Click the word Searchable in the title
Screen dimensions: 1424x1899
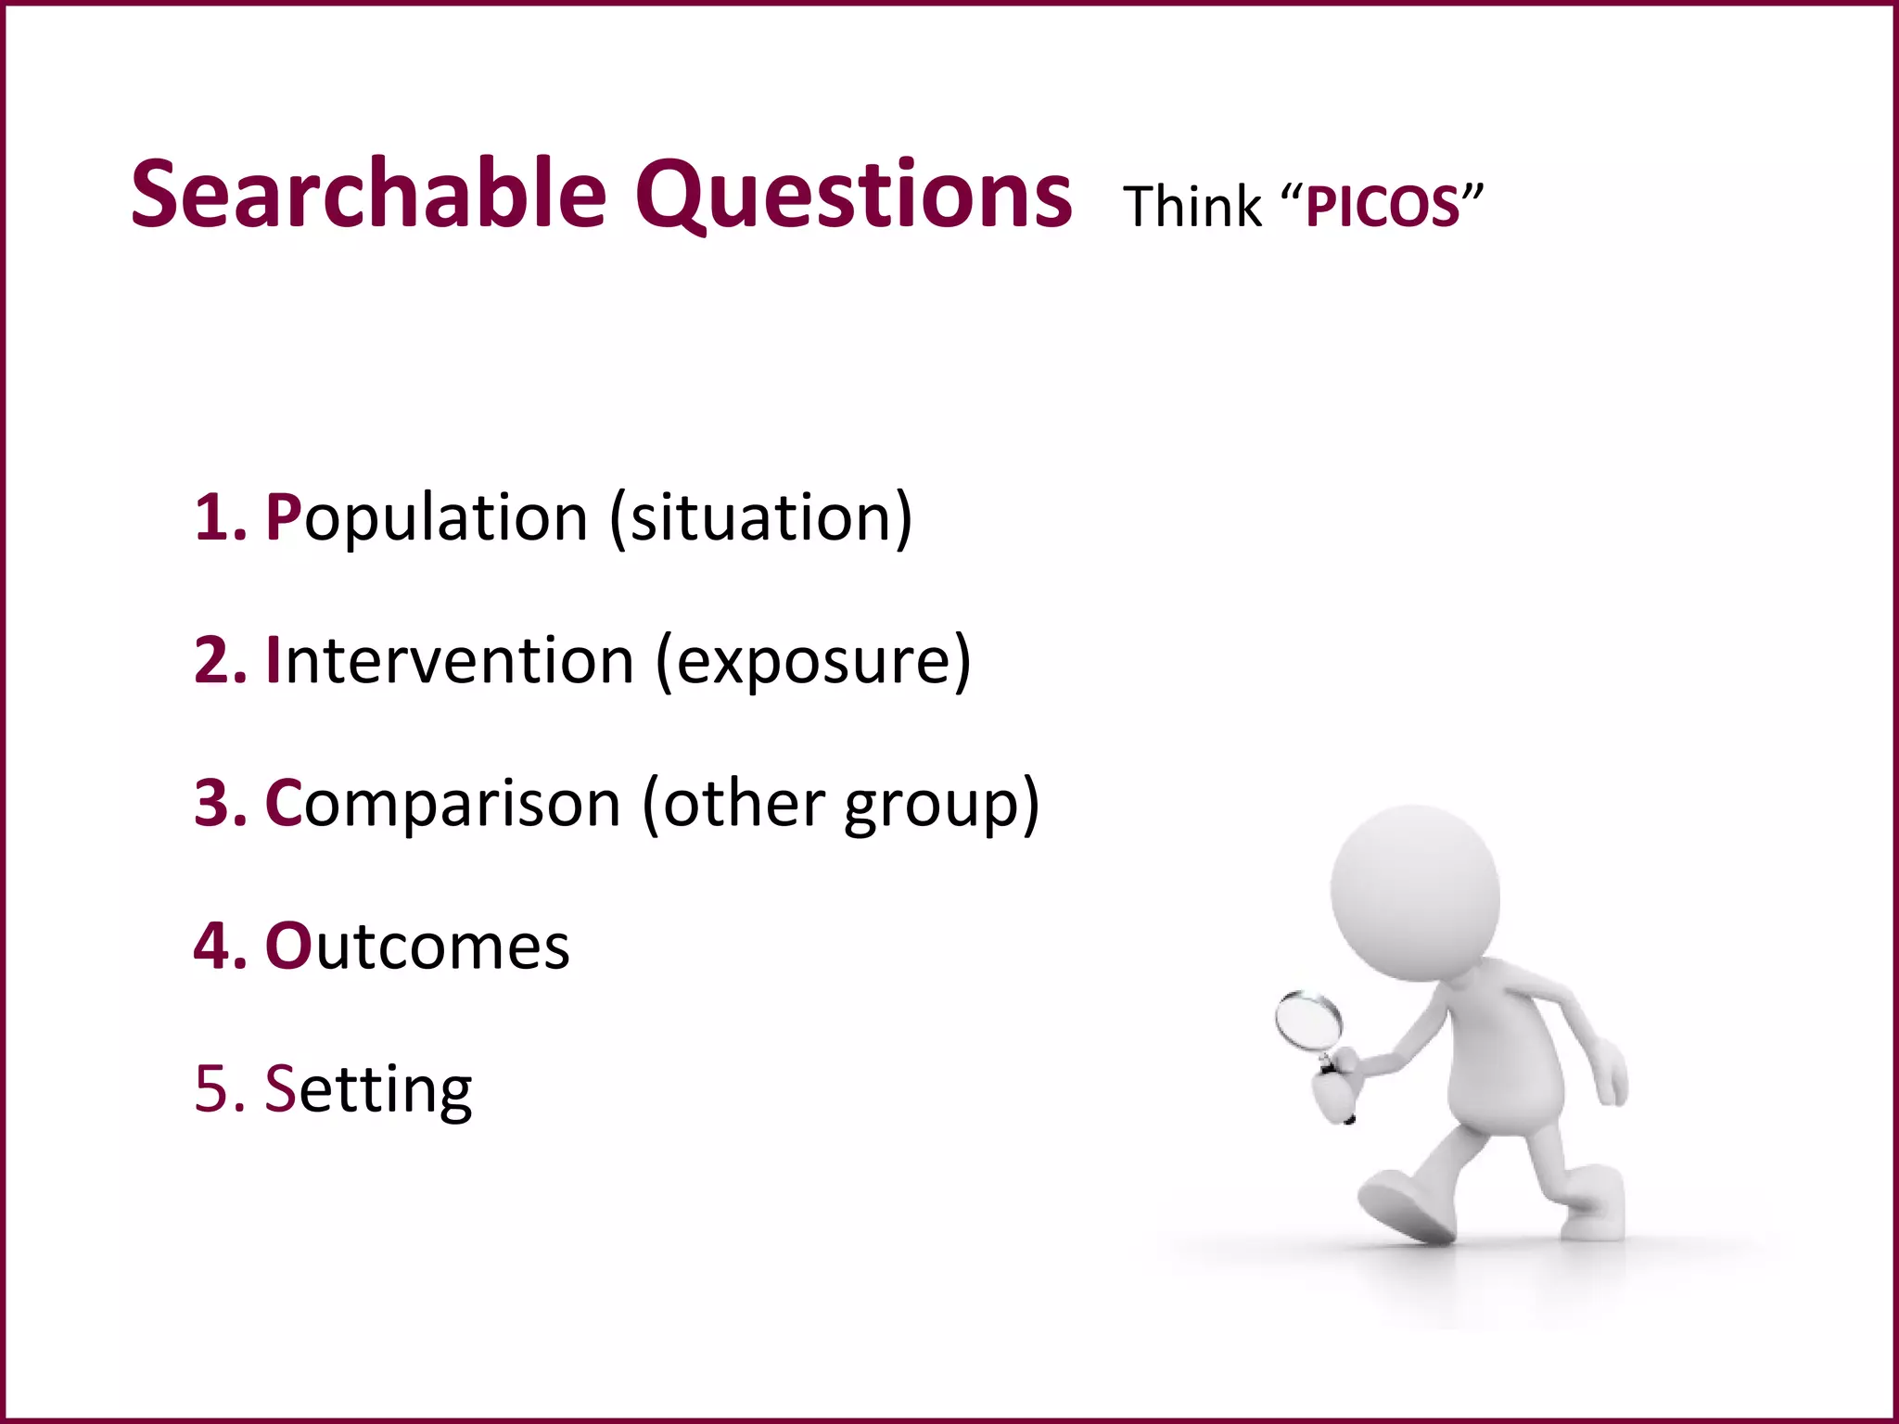click(x=368, y=195)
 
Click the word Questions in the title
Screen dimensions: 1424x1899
click(x=853, y=195)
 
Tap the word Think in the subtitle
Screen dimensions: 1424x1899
click(x=1192, y=206)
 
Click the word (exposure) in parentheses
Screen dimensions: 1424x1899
click(x=813, y=662)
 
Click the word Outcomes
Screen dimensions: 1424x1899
click(x=417, y=947)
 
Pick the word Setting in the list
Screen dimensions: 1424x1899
click(x=368, y=1089)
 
